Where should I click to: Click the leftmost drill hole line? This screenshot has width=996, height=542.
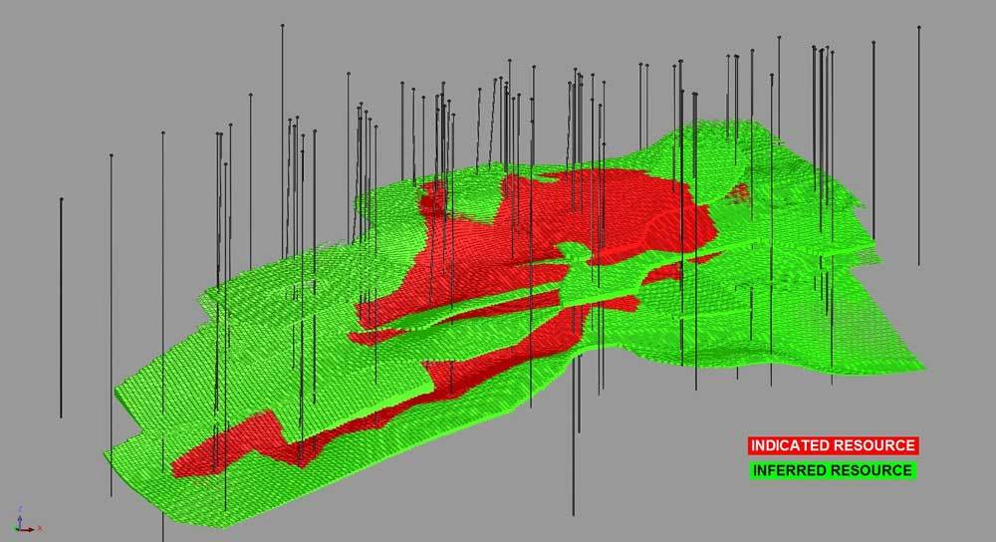(x=61, y=308)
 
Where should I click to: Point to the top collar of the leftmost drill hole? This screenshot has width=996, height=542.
(x=62, y=199)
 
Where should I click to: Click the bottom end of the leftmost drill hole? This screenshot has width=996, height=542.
(x=61, y=417)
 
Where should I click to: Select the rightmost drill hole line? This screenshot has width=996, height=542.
(x=918, y=146)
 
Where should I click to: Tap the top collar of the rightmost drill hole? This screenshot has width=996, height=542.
(x=918, y=28)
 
